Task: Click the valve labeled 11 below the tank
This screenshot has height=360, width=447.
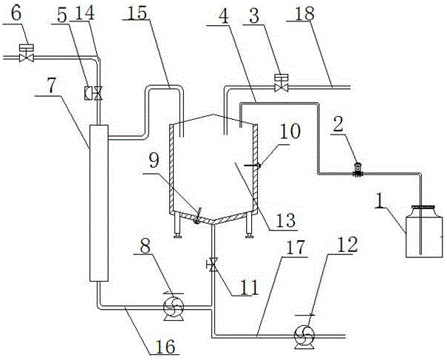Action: pyautogui.click(x=213, y=264)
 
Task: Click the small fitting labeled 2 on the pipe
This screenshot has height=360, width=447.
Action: pyautogui.click(x=357, y=171)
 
